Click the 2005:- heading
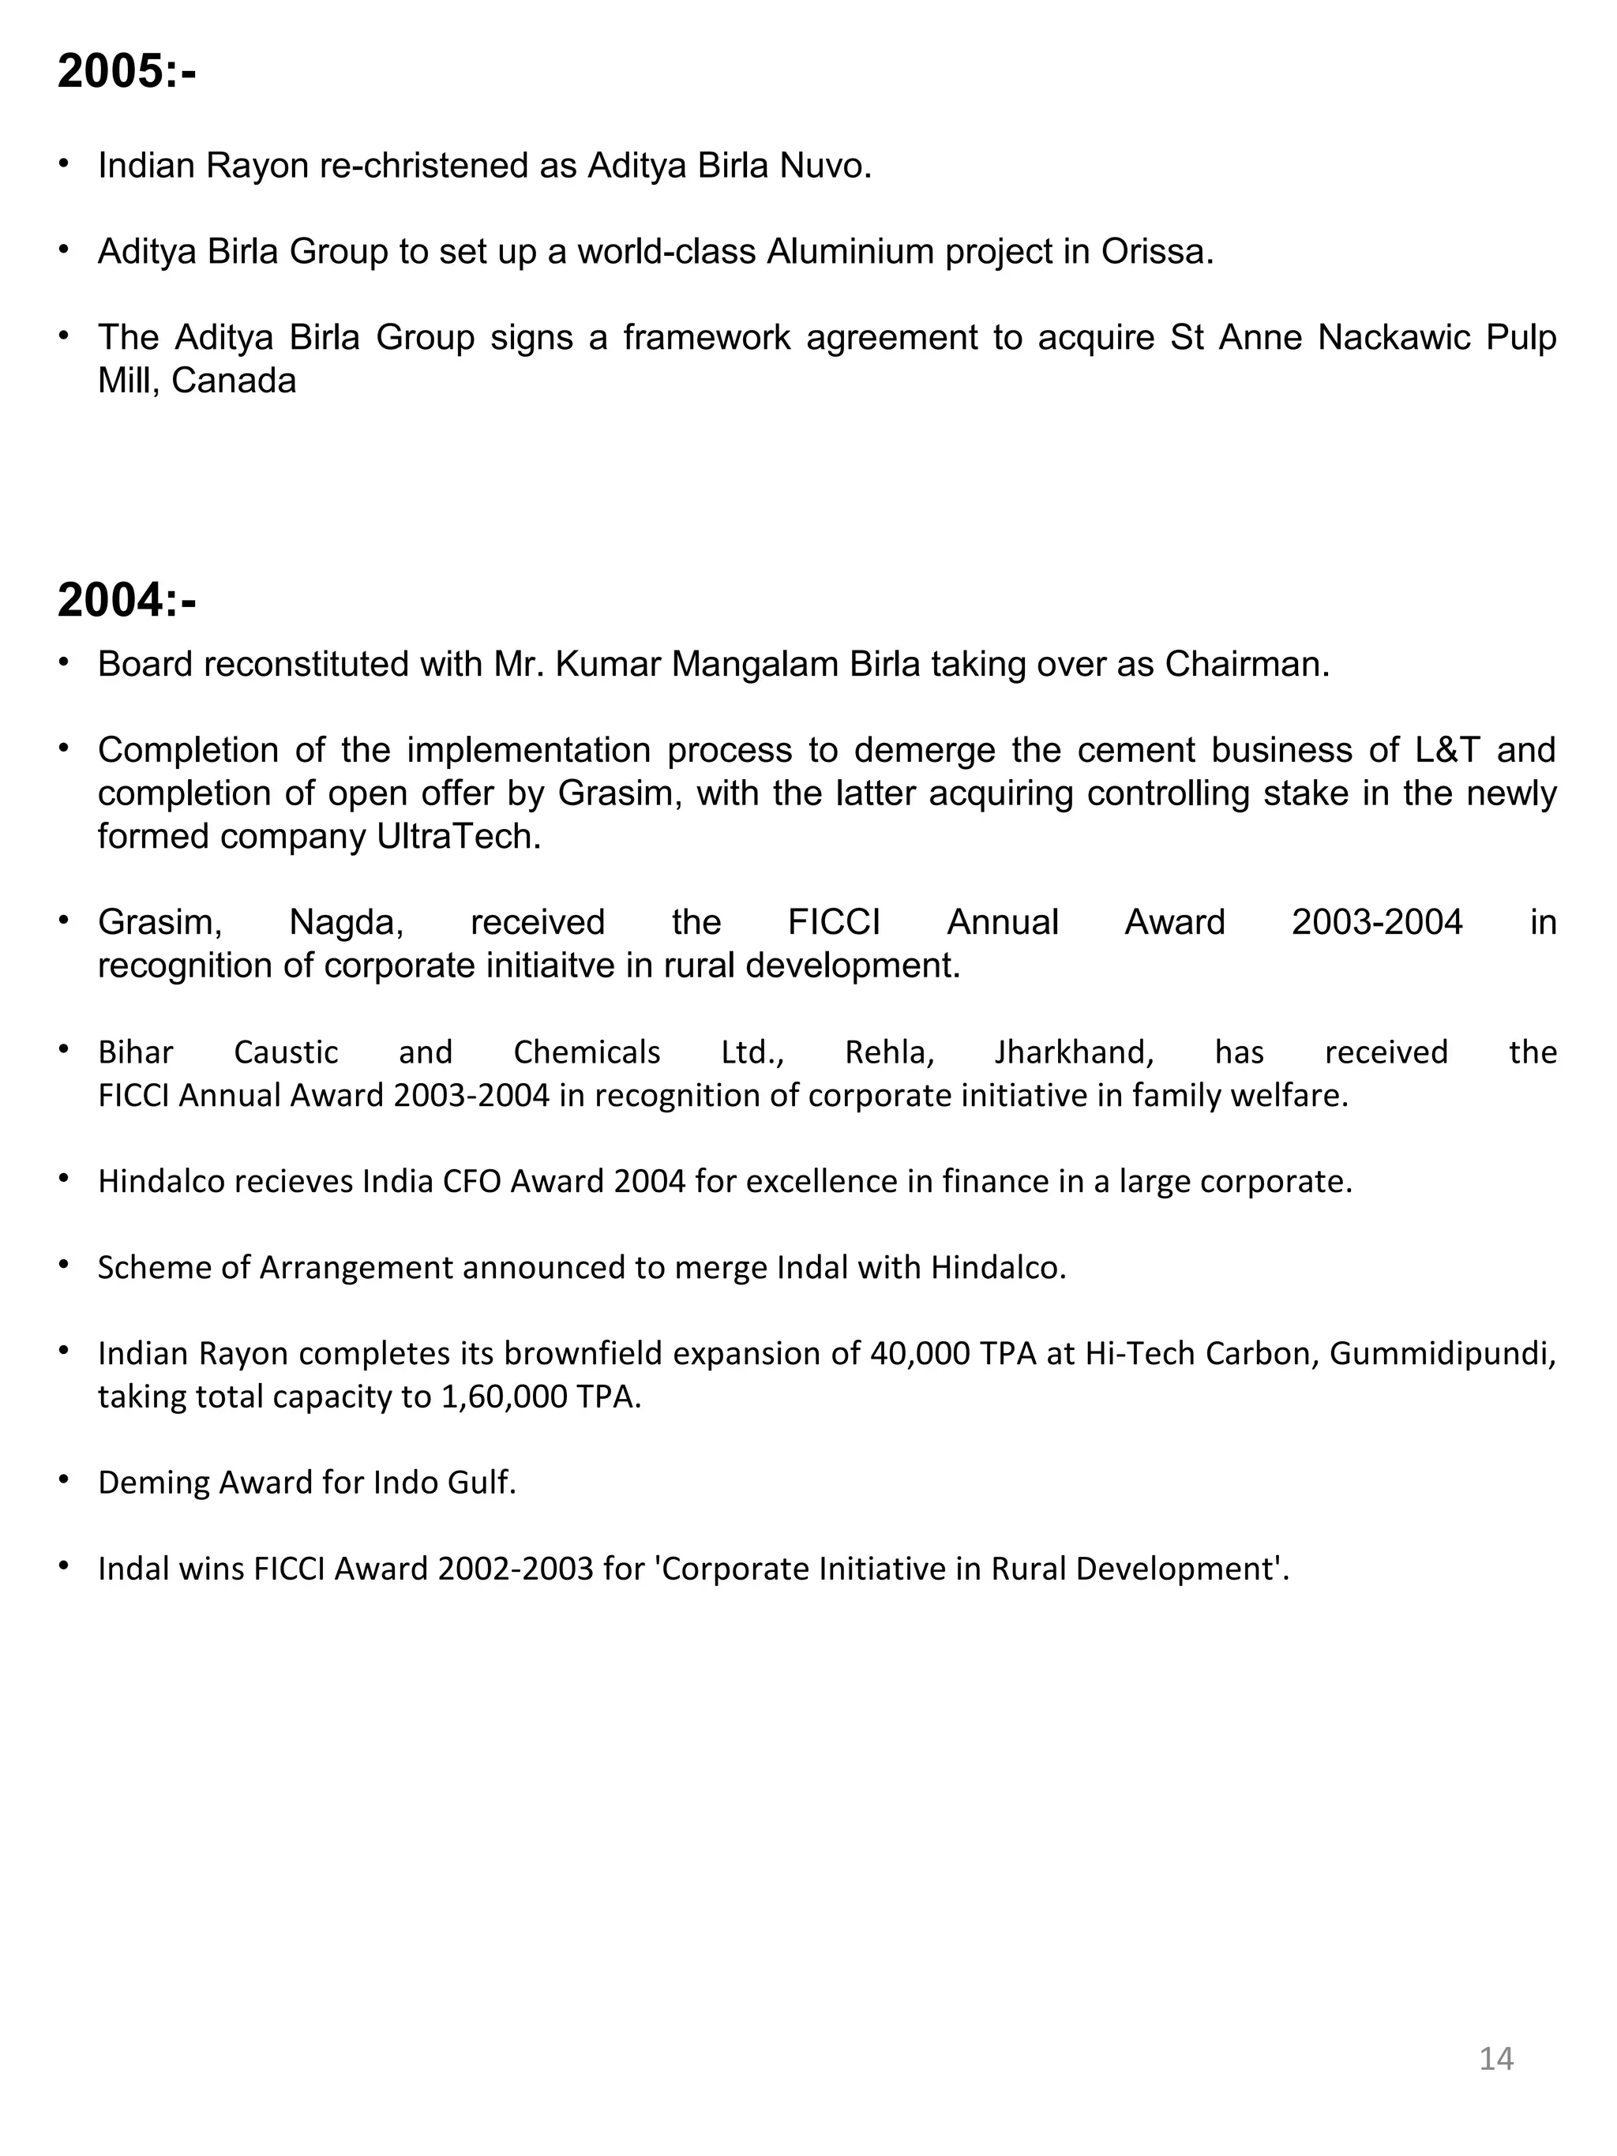(x=126, y=71)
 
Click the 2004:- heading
(x=126, y=599)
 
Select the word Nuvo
(x=826, y=166)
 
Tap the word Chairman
(x=1247, y=665)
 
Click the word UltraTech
(x=458, y=836)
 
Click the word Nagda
(x=346, y=922)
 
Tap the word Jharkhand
(x=1074, y=1052)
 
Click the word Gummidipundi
(x=1442, y=1353)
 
